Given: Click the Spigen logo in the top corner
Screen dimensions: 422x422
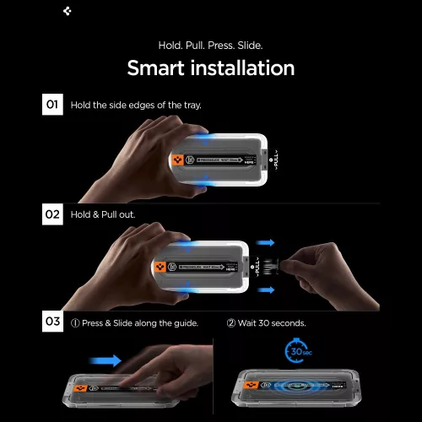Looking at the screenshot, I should tap(68, 11).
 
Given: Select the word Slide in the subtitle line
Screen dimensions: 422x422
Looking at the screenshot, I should tap(252, 44).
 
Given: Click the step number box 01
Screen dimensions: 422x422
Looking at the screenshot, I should tap(52, 105).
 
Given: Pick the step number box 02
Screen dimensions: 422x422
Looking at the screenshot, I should tap(52, 214).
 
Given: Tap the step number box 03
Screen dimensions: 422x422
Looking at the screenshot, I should tap(52, 322).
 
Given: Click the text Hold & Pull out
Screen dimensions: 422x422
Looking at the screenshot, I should tap(103, 215).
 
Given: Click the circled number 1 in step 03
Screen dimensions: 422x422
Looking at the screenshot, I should tap(75, 323).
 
